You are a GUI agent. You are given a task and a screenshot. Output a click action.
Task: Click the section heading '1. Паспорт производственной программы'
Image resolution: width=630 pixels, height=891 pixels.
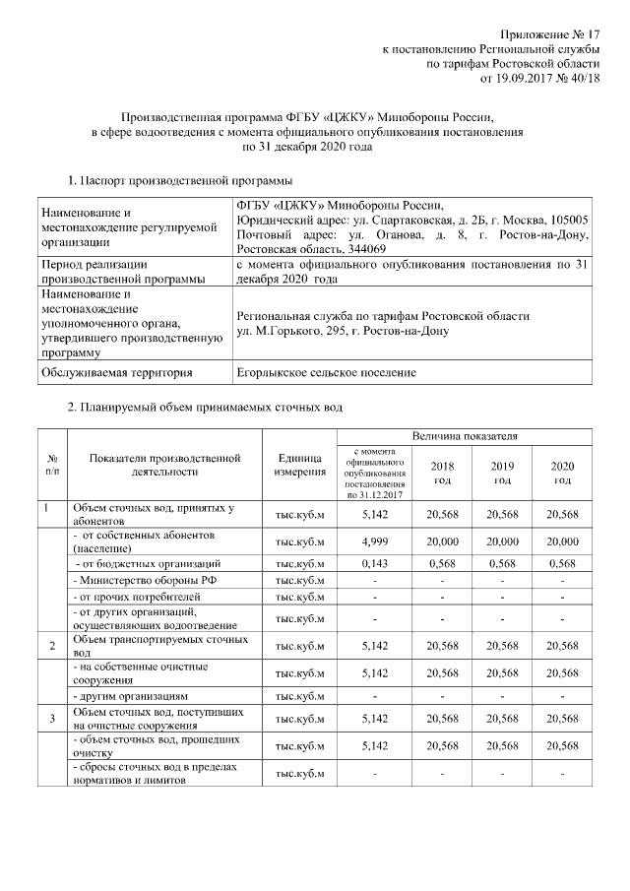[179, 181]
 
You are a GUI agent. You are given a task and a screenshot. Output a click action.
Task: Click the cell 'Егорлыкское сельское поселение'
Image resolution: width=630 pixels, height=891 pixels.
[326, 372]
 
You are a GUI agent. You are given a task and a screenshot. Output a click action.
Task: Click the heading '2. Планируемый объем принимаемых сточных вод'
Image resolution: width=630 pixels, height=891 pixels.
[205, 407]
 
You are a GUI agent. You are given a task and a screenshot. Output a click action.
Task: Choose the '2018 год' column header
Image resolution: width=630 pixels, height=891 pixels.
[440, 473]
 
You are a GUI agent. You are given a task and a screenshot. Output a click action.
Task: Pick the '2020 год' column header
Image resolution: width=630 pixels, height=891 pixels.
[561, 473]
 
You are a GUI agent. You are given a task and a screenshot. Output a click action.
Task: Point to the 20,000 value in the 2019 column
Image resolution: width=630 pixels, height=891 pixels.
[501, 541]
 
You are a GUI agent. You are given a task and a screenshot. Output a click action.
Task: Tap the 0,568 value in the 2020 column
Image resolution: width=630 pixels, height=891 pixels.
[561, 563]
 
